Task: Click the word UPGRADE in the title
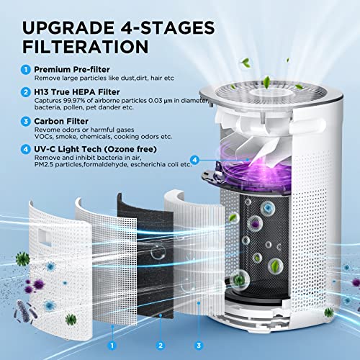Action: (68, 27)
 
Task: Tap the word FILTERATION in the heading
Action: (86, 47)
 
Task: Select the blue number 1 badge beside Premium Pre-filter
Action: (26, 70)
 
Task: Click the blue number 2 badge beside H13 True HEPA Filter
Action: (26, 92)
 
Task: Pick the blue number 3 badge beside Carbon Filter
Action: (26, 121)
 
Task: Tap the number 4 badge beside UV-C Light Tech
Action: (26, 149)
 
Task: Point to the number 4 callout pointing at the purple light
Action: (194, 160)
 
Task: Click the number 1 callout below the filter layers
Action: (112, 346)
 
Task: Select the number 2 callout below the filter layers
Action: (161, 346)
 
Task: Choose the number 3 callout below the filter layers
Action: (199, 346)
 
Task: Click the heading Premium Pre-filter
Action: (72, 69)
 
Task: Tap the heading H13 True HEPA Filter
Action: (77, 92)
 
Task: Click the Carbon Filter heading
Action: (61, 121)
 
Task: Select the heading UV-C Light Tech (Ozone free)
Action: (95, 149)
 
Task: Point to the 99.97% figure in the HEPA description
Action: (72, 101)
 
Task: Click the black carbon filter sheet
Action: (147, 257)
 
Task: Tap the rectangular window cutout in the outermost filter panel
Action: (45, 235)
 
